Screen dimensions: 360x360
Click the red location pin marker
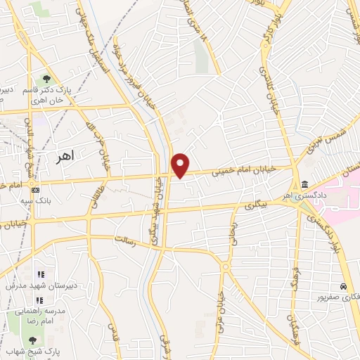tap(181, 165)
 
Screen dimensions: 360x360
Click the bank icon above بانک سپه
tap(36, 189)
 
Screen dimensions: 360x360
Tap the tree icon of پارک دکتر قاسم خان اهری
tap(46, 79)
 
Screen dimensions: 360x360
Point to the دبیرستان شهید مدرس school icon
tap(41, 275)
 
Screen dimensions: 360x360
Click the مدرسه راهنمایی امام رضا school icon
tap(41, 300)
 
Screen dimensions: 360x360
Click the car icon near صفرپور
tap(342, 287)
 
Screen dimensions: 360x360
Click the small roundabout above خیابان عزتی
tap(226, 267)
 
